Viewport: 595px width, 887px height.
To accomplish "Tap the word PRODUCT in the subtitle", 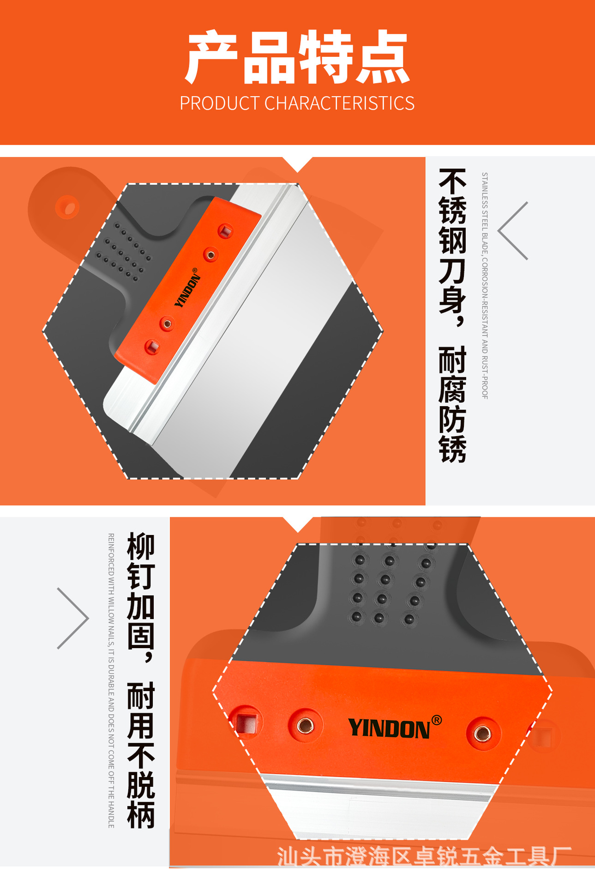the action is click(220, 103).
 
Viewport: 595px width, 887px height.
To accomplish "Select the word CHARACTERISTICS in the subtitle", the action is click(339, 103).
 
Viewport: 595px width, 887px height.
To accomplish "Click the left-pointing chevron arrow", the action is click(512, 231).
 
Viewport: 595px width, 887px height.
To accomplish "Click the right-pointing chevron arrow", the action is click(73, 618).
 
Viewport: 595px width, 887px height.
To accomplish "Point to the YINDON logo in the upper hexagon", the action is click(187, 288).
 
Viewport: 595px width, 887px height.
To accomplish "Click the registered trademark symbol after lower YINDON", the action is click(437, 720).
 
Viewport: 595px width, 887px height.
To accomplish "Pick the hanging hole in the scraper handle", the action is click(67, 207).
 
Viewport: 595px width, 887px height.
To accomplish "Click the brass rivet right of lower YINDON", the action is click(482, 733).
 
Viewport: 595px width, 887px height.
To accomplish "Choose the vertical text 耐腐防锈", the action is click(452, 404).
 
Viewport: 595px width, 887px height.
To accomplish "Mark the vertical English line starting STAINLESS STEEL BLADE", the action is click(485, 286).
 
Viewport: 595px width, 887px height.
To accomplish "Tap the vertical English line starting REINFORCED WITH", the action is click(111, 680).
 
